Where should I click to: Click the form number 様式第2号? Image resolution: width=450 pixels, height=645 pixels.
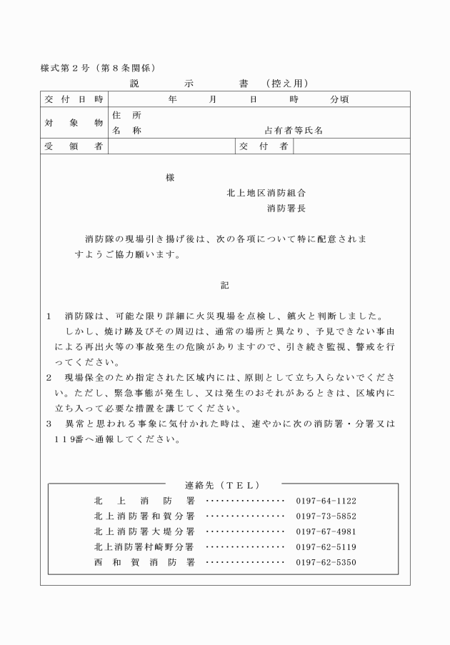click(64, 68)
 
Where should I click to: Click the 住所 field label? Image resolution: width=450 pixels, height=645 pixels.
click(126, 115)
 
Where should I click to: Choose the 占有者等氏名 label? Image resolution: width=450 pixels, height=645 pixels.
click(294, 131)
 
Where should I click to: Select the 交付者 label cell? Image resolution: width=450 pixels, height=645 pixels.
click(264, 146)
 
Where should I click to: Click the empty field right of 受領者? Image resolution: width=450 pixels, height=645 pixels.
click(171, 146)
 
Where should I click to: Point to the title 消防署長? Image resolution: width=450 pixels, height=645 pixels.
click(286, 209)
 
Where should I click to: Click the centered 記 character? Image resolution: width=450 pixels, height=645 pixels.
click(225, 285)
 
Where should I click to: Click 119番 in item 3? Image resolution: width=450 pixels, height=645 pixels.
click(69, 439)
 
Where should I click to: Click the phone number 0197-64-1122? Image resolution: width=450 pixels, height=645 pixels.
click(326, 501)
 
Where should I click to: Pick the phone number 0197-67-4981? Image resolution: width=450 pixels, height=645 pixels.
click(326, 531)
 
